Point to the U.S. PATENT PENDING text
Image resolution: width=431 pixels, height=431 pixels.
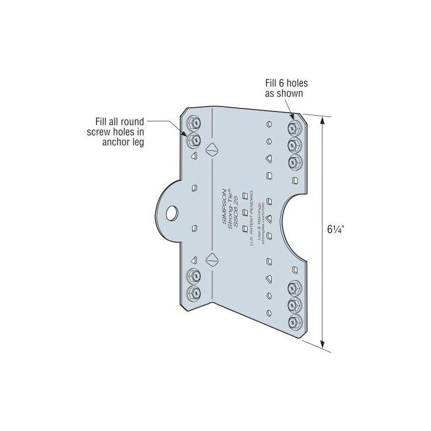(252, 212)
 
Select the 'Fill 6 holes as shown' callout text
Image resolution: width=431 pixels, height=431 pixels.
(283, 88)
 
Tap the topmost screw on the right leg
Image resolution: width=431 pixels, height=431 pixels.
(294, 129)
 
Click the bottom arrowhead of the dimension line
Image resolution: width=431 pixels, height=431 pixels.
(323, 346)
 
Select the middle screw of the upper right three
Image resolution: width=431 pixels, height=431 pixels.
(294, 145)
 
